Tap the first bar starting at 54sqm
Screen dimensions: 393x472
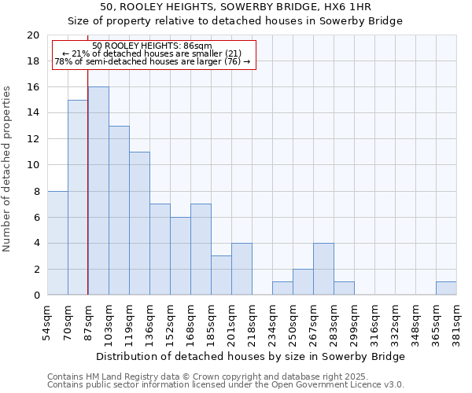tap(57, 243)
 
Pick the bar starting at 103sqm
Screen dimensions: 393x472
tap(119, 211)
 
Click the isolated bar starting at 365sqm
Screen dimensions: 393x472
tap(446, 288)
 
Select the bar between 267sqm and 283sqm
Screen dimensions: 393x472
tap(323, 269)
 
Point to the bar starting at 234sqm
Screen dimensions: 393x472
tap(282, 288)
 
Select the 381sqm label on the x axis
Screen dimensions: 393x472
tap(457, 321)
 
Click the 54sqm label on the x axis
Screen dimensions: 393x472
tap(48, 321)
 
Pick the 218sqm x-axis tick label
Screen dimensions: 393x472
tap(253, 323)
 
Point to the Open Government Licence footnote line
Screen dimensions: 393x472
tap(226, 385)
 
